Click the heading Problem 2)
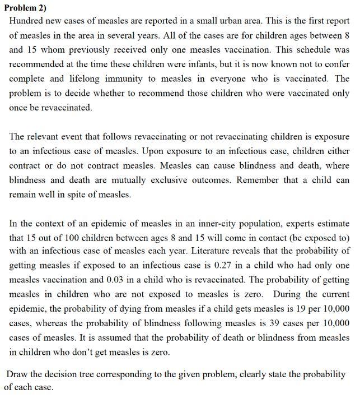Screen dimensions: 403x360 (26, 7)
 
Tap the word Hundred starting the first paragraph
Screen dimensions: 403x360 (27, 21)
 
